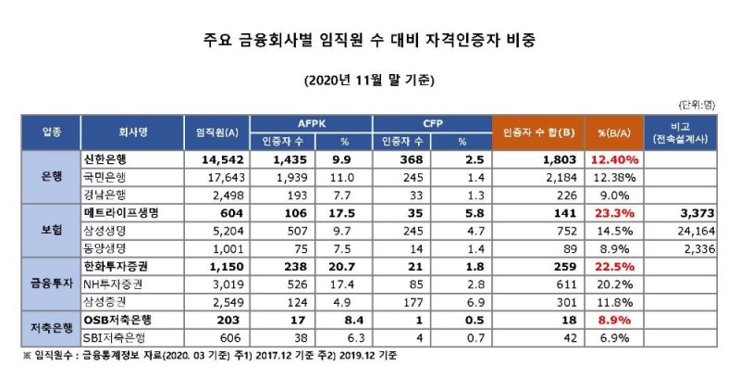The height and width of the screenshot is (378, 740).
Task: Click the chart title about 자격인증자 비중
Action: [x=370, y=42]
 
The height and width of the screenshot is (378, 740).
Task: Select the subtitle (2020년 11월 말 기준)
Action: [x=369, y=80]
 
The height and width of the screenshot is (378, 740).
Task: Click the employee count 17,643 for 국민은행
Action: [x=219, y=176]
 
